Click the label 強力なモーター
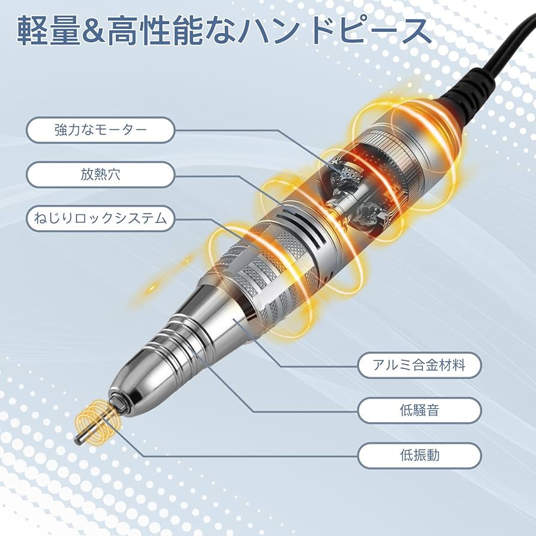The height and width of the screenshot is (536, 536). point(100,130)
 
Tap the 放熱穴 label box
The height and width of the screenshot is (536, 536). point(100,174)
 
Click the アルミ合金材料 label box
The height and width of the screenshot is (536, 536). point(420,365)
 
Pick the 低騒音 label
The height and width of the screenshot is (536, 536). point(420,411)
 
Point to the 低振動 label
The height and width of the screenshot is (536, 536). point(420,455)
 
